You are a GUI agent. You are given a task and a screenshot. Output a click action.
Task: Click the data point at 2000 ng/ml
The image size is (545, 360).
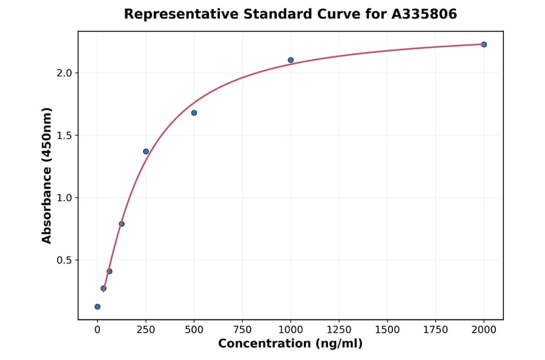coord(484,44)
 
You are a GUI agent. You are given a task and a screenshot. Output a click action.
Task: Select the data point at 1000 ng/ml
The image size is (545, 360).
coord(291,60)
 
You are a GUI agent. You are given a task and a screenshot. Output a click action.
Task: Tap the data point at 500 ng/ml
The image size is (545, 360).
coord(194,113)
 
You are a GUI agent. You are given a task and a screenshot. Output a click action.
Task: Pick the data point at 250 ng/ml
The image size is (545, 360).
coord(146,152)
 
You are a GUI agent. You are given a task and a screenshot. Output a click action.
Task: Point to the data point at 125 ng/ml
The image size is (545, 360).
coord(122,224)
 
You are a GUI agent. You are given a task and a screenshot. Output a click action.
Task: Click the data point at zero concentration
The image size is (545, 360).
coord(97,307)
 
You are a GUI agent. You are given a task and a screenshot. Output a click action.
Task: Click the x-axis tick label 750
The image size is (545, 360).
coord(242,329)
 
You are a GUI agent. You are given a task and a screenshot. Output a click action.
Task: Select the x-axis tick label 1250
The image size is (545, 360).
coord(339,329)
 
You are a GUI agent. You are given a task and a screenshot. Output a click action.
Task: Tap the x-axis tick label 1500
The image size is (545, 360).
coord(387,329)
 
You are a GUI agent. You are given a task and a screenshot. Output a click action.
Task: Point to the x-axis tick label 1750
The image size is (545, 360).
coord(435,329)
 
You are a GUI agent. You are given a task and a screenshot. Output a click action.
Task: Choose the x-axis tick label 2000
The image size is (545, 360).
coord(484,329)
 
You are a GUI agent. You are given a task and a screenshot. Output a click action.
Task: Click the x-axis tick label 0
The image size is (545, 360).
coord(97,329)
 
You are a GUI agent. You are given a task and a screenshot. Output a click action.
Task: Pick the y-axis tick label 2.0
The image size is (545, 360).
coord(64,73)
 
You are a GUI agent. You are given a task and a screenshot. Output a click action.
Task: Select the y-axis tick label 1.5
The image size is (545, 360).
coord(64,136)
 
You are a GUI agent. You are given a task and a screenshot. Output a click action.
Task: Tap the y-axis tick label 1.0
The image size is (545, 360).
coord(64,198)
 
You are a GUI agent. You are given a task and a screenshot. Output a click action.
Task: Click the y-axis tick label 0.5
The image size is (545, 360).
coord(64,261)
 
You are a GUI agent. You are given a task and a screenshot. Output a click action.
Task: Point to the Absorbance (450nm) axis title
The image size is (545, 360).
coord(47,175)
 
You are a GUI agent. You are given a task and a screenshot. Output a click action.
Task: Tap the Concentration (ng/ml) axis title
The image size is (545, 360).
coord(290,344)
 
